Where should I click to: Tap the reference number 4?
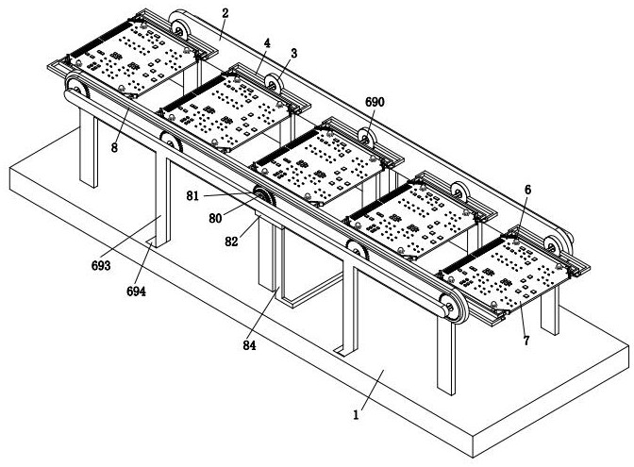[x=268, y=42]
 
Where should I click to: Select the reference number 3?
[x=293, y=54]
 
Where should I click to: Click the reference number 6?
[x=527, y=190]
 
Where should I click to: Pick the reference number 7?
[x=525, y=340]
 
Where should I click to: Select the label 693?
[x=102, y=265]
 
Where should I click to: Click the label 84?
[x=249, y=344]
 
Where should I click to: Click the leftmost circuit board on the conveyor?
[x=127, y=61]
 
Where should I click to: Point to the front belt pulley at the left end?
[x=75, y=91]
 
